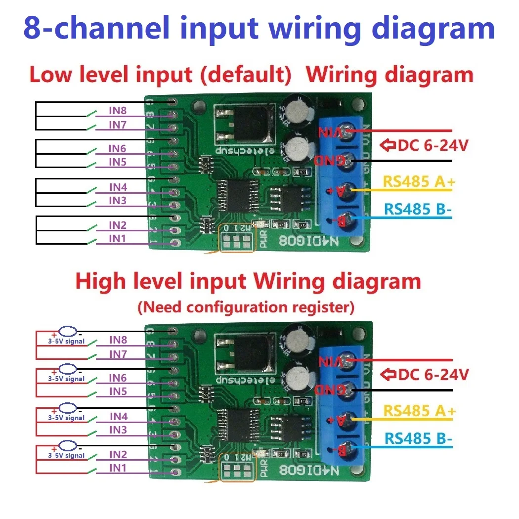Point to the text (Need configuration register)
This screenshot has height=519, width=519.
click(x=246, y=307)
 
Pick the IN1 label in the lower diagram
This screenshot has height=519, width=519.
click(x=118, y=468)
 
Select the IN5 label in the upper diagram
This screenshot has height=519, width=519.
click(x=118, y=162)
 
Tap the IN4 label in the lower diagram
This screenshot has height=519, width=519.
click(x=118, y=417)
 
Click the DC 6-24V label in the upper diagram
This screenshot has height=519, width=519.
click(x=424, y=145)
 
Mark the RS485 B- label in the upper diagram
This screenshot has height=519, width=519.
click(x=417, y=210)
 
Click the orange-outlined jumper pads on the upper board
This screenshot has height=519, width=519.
click(x=237, y=241)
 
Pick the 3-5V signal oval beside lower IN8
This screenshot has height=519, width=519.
click(x=68, y=332)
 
